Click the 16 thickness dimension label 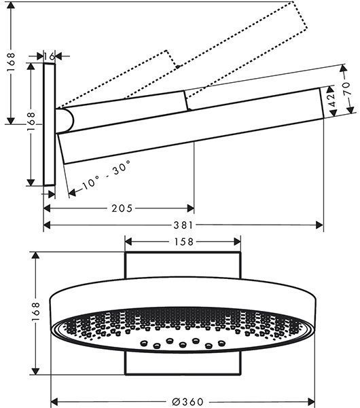(49, 56)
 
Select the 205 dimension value (122, 208)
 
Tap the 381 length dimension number (183, 225)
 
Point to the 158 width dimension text (183, 242)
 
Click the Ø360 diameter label (187, 402)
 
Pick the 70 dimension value (346, 88)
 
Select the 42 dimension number (331, 100)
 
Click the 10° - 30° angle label (106, 174)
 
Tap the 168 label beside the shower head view (35, 311)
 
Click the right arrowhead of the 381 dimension (319, 225)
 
